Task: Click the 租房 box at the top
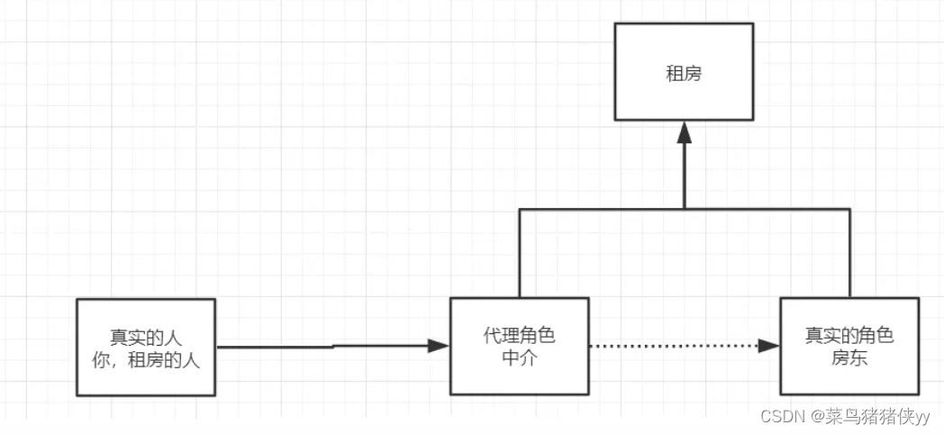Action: pyautogui.click(x=684, y=99)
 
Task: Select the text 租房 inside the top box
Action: pyautogui.click(x=684, y=73)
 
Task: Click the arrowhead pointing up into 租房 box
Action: pyautogui.click(x=684, y=132)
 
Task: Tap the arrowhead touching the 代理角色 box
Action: pyautogui.click(x=439, y=346)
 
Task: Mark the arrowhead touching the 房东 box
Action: pyautogui.click(x=768, y=346)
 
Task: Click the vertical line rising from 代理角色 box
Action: pyautogui.click(x=519, y=257)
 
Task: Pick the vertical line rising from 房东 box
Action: pyautogui.click(x=849, y=257)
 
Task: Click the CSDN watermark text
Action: pyautogui.click(x=781, y=416)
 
